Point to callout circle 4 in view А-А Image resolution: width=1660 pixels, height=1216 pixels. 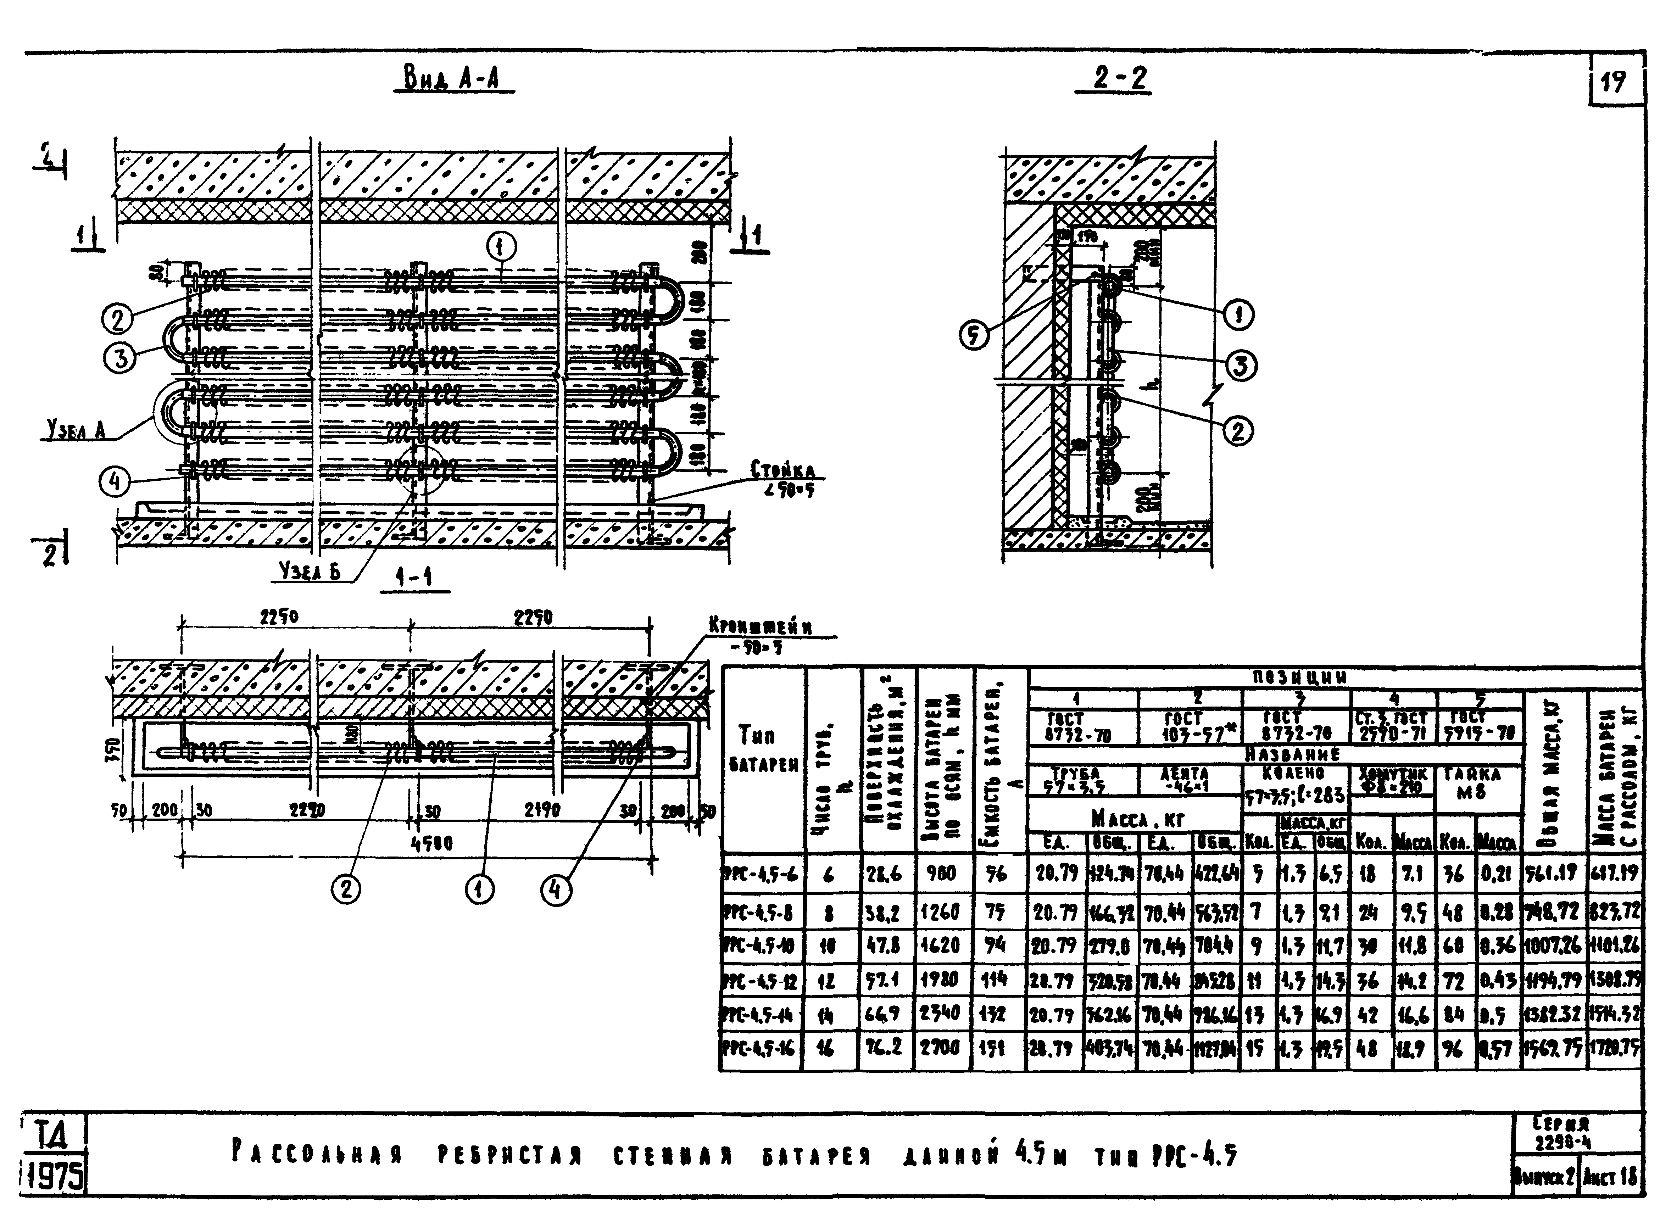[115, 483]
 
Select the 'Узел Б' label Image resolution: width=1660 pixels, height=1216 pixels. [310, 571]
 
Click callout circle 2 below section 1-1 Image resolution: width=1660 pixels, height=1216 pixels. [345, 890]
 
